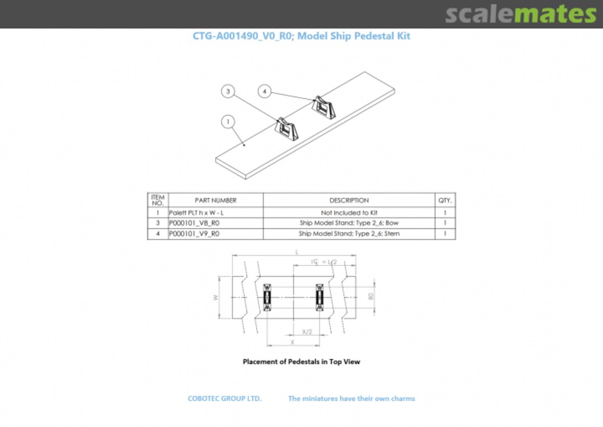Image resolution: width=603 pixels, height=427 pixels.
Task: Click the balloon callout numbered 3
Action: tap(228, 92)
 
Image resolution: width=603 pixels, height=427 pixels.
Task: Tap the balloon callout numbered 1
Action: tap(227, 121)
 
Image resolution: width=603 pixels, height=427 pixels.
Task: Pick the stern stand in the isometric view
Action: tap(324, 107)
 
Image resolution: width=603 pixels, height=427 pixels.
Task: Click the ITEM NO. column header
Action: tap(158, 200)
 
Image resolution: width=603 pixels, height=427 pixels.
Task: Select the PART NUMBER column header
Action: tap(216, 200)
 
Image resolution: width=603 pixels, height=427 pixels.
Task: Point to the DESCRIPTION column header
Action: tap(349, 200)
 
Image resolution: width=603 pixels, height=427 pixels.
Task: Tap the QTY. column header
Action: tap(445, 200)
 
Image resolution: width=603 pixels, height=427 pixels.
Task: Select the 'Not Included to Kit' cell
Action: tap(349, 213)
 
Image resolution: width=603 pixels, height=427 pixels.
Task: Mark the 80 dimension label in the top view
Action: tap(371, 297)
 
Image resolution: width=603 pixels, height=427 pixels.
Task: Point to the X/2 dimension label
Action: tap(307, 331)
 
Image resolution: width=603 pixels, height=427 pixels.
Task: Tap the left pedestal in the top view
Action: tap(267, 297)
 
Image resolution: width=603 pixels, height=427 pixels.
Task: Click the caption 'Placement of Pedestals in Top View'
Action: tap(301, 362)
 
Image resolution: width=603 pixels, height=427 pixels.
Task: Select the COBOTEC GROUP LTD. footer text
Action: tap(224, 398)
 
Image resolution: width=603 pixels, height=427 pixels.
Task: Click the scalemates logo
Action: tap(520, 14)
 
